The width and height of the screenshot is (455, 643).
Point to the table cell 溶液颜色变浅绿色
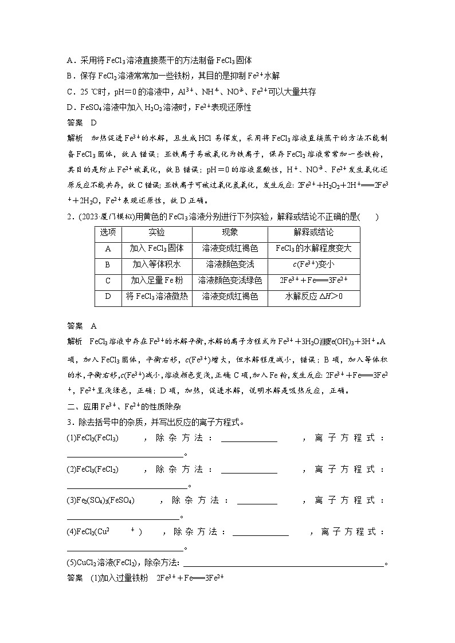click(230, 281)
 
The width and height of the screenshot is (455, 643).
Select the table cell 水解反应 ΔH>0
click(313, 297)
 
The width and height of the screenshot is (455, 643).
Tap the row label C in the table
click(108, 281)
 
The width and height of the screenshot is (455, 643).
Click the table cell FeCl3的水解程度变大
click(313, 248)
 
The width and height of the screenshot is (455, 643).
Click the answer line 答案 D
click(83, 123)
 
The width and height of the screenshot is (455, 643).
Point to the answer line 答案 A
click(83, 326)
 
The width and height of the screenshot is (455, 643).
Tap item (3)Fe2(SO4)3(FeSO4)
click(101, 500)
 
